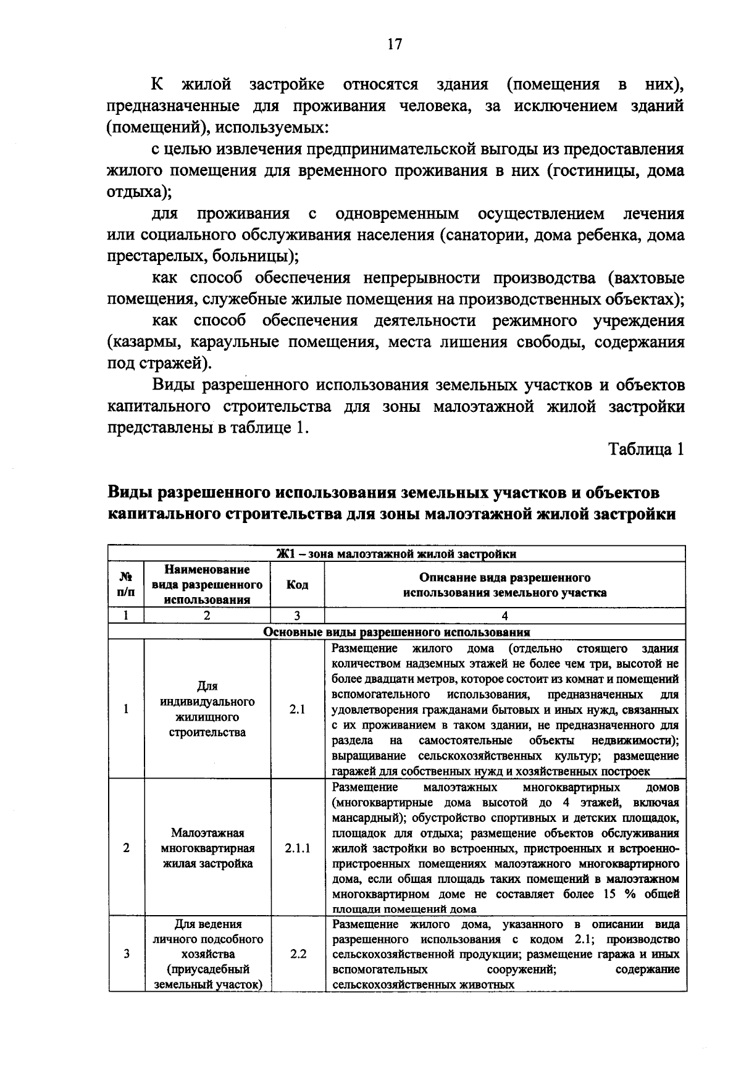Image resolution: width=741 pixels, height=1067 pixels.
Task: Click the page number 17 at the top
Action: point(394,44)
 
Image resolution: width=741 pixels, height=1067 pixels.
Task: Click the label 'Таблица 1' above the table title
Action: point(647,449)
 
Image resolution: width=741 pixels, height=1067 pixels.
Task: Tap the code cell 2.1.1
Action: point(297,848)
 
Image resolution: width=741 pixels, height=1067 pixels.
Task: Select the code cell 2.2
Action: point(297,954)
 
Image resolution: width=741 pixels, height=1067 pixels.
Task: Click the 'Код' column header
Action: point(297,585)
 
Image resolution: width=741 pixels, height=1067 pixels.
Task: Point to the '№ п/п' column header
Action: point(126,585)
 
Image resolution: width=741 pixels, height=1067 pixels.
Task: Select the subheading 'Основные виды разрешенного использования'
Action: point(396,632)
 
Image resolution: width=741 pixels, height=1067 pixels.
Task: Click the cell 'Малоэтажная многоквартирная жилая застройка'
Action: point(207,848)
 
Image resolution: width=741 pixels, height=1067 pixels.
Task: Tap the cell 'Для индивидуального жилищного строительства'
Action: point(207,709)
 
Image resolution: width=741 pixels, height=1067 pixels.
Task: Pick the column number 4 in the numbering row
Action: point(505,616)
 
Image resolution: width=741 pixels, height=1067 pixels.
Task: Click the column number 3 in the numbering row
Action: point(297,616)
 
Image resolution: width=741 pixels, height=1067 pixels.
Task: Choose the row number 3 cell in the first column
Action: point(126,954)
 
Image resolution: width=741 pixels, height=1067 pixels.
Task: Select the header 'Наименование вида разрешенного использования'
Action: point(207,585)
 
